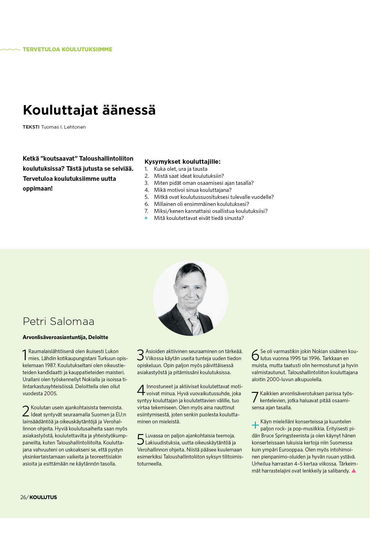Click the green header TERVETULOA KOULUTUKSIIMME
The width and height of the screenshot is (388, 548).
click(67, 49)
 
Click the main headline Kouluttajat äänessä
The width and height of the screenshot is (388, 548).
click(89, 110)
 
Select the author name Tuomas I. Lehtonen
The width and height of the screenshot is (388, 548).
click(63, 127)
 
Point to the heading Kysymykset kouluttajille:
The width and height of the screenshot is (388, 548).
click(182, 162)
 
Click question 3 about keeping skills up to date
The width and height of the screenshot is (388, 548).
click(204, 183)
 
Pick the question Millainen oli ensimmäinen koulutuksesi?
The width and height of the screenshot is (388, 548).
click(201, 204)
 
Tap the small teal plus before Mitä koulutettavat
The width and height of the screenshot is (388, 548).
click(146, 218)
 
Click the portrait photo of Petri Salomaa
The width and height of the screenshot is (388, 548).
click(190, 298)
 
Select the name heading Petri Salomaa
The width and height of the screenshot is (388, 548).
click(59, 321)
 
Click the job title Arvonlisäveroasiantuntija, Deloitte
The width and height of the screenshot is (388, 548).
click(65, 337)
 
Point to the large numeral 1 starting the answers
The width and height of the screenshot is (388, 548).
click(25, 355)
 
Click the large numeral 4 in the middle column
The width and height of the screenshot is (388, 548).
click(141, 390)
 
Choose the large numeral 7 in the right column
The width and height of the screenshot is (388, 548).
click(255, 397)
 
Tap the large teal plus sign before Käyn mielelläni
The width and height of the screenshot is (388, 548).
click(255, 425)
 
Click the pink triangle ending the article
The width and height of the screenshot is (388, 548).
click(354, 471)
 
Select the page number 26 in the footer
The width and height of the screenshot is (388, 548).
click(23, 497)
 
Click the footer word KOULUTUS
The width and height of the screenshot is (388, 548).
click(43, 497)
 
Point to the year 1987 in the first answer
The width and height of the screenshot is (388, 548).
click(50, 365)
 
